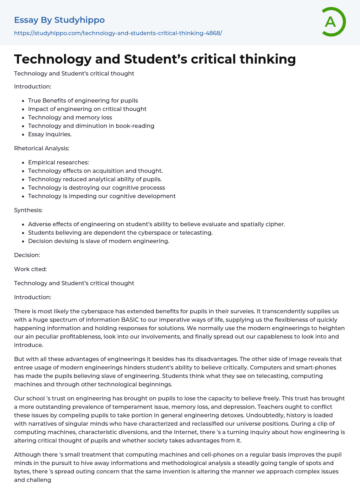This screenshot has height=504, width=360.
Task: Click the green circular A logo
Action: (x=333, y=22)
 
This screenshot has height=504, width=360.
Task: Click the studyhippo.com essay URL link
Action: (x=118, y=33)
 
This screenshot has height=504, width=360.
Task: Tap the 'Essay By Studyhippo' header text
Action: (x=59, y=20)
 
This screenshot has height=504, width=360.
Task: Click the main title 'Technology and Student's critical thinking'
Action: (x=155, y=59)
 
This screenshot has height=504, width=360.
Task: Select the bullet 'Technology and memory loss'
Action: (x=70, y=117)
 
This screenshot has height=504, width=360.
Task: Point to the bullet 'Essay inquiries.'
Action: (x=50, y=134)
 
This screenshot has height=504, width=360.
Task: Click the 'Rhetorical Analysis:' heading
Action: (x=41, y=148)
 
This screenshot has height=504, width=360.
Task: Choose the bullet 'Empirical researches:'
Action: (x=58, y=162)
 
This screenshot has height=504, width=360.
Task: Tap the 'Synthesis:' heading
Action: (x=28, y=210)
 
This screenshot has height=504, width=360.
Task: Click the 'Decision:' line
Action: (x=27, y=255)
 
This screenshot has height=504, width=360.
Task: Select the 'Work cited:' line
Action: (x=30, y=269)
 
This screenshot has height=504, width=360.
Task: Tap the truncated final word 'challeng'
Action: (x=39, y=480)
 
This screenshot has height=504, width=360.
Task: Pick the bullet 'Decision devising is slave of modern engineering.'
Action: (x=98, y=241)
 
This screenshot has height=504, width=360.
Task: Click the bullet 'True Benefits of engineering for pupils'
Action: (x=83, y=100)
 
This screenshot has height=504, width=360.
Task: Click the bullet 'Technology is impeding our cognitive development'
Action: (x=102, y=196)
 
